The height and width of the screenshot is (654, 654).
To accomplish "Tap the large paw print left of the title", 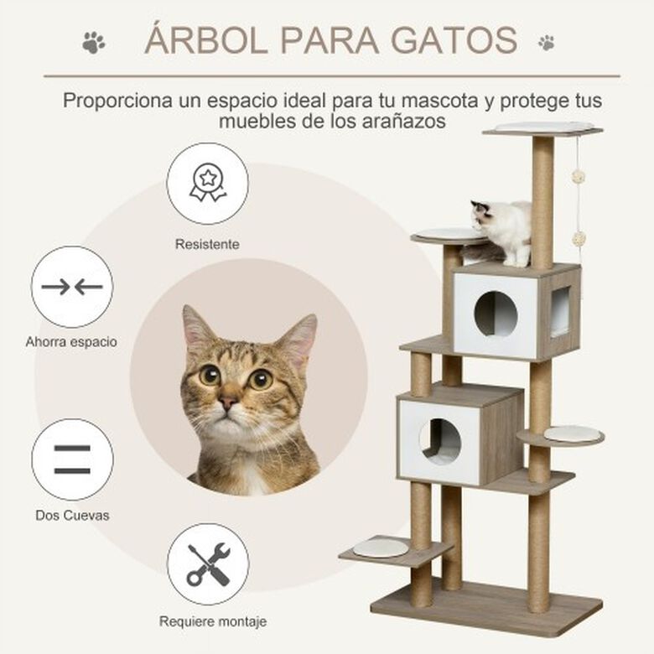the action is tap(94, 42).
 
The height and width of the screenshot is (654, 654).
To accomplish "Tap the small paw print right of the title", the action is tap(547, 43).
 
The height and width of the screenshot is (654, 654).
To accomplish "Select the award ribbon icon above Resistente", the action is tap(208, 182).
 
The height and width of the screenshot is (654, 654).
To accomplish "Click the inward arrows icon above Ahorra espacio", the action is tap(72, 287).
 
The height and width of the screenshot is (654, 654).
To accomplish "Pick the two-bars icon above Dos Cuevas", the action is tap(72, 459).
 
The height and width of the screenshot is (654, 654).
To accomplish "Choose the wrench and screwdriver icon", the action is tap(208, 564).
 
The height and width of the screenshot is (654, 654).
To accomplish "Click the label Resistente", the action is tap(207, 244).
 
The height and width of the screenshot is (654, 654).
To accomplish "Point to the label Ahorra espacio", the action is tap(71, 342).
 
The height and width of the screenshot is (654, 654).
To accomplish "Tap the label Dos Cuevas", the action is tap(72, 516).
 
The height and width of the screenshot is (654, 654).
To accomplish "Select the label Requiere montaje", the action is tap(213, 622).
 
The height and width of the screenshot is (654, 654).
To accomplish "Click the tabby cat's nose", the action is tap(227, 402).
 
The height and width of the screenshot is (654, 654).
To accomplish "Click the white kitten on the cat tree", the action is tap(501, 231).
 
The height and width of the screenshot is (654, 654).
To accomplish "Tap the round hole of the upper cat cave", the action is tap(496, 314).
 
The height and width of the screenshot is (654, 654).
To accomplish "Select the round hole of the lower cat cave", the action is tap(440, 442).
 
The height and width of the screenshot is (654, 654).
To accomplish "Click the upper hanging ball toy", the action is tap(579, 177).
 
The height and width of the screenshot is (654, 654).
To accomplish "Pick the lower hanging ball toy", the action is tap(579, 239).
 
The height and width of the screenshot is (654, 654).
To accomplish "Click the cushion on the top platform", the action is tap(544, 126).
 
